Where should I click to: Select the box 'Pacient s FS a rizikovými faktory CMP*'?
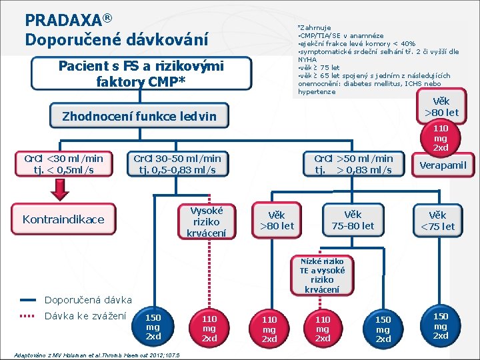tap(141, 74)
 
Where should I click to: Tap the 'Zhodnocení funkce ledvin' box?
tap(139, 117)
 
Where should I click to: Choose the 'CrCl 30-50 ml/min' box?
tap(177, 164)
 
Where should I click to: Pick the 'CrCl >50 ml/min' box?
tap(353, 164)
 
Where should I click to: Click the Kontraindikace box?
tap(63, 219)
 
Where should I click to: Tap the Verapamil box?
tap(442, 165)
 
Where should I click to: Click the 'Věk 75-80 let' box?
tap(353, 220)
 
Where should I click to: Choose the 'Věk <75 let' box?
tap(437, 221)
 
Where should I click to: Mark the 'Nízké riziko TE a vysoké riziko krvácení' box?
tap(322, 275)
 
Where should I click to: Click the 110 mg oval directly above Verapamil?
tap(441, 137)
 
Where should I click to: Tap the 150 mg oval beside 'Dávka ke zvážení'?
tap(153, 327)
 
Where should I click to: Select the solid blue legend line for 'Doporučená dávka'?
tap(28, 301)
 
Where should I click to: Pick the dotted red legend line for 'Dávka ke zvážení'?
tap(28, 316)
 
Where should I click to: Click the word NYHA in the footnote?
tap(307, 59)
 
